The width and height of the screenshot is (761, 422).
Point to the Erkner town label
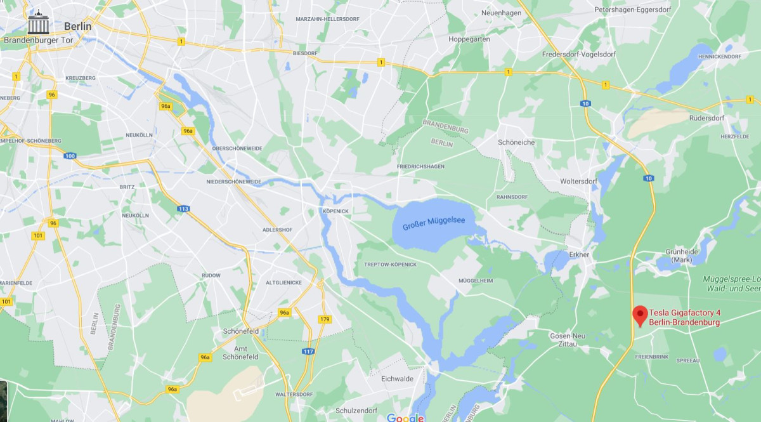click(x=579, y=254)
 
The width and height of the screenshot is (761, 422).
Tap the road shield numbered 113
click(x=184, y=208)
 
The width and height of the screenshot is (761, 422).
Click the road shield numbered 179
click(x=325, y=319)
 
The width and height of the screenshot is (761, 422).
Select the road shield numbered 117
click(x=309, y=351)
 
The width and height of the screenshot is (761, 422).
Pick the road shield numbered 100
click(x=70, y=156)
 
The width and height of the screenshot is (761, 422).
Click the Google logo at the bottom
click(x=405, y=417)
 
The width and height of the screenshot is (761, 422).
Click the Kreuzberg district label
click(x=81, y=77)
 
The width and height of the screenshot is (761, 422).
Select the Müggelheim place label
click(x=476, y=280)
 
